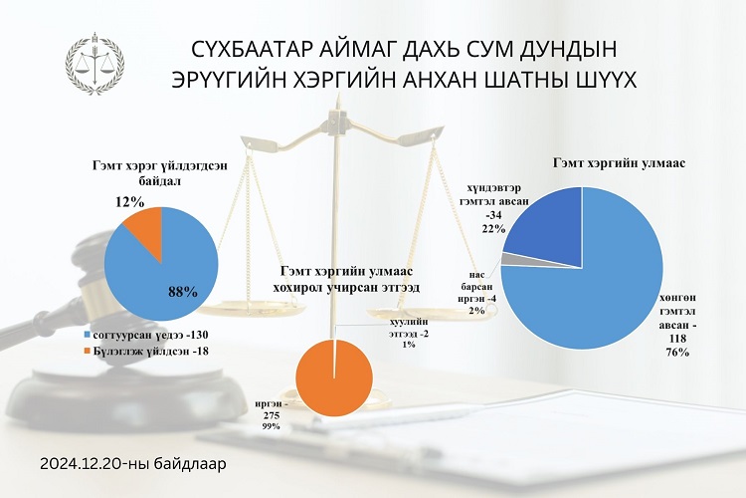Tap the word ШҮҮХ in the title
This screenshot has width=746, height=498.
tap(606, 80)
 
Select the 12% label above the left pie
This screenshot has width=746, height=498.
tap(129, 202)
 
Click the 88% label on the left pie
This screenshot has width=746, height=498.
tap(183, 292)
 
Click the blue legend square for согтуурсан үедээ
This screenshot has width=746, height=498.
tap(88, 335)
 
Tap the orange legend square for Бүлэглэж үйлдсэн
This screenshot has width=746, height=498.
tap(88, 352)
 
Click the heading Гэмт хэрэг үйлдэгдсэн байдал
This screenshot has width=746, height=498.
tap(159, 173)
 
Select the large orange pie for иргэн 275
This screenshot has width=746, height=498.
tap(334, 377)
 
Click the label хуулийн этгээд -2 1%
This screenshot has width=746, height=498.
tap(409, 333)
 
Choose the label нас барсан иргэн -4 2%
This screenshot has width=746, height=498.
tap(475, 293)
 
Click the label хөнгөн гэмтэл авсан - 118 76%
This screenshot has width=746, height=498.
tap(678, 325)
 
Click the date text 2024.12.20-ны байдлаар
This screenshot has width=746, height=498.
tap(133, 464)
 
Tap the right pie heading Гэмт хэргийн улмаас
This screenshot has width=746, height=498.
tap(619, 163)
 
